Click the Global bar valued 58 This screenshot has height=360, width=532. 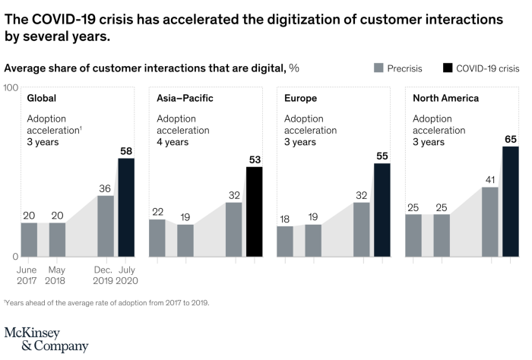pos(126,207)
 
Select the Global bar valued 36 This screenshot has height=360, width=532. pos(106,226)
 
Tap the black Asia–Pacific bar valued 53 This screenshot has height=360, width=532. pos(254,211)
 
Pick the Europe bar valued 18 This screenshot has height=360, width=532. pos(285,241)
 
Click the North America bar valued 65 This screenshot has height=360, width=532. pos(511,201)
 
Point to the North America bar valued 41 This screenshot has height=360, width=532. pos(490,221)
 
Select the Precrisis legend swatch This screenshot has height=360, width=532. pos(378,68)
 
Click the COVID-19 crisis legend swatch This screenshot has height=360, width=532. pos(448,68)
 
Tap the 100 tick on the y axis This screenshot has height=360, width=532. pos(11,88)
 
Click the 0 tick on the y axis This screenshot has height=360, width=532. pos(14,257)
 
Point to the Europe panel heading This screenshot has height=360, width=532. pos(300,99)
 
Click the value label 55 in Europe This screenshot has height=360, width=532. pos(382,156)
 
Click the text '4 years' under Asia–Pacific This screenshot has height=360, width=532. pos(173,142)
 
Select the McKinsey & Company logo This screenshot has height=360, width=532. pos(46,339)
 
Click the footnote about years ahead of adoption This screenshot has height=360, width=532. pos(106,302)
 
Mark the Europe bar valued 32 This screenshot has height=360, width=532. pos(362,229)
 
